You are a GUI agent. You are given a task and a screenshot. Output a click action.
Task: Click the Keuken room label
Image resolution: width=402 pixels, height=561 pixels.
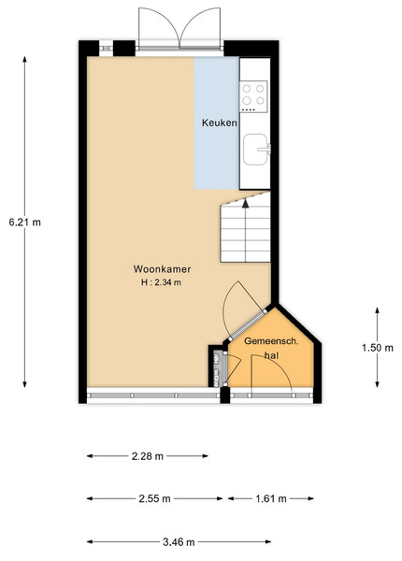(x=220, y=122)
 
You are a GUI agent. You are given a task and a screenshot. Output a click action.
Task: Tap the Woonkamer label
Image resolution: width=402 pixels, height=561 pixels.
(x=162, y=269)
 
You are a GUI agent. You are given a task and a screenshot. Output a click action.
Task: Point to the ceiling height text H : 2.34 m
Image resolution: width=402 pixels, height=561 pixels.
(x=161, y=282)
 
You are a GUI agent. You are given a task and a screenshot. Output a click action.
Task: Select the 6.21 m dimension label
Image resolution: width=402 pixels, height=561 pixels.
(x=24, y=223)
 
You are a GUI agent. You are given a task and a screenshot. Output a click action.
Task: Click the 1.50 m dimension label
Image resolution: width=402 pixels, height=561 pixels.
(x=378, y=348)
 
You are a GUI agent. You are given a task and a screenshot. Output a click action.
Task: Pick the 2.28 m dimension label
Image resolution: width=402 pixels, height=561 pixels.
(x=148, y=456)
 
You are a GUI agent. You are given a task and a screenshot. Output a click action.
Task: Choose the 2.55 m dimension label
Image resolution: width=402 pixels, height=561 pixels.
(x=154, y=498)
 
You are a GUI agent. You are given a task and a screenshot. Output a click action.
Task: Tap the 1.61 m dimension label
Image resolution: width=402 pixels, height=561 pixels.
(x=271, y=498)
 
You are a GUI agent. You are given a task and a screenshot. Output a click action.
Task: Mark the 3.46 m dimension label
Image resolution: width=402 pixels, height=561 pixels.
(x=179, y=542)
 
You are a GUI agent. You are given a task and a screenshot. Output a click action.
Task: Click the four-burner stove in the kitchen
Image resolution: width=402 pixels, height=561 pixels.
(x=253, y=96)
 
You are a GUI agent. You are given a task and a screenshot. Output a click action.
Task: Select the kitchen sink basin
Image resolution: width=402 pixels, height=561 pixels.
(x=255, y=150)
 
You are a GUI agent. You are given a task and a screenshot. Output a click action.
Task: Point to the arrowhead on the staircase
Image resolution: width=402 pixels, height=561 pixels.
(x=245, y=203)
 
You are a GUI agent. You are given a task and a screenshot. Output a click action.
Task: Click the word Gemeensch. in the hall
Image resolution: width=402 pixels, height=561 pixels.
(x=271, y=341)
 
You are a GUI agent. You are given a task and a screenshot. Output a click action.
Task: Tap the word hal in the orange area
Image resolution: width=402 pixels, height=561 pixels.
(x=271, y=355)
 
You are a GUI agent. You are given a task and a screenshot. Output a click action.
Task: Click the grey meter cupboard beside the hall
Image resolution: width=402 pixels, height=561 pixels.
(x=219, y=369)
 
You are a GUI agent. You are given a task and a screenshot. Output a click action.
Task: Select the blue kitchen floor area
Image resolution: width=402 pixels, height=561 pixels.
(x=217, y=122)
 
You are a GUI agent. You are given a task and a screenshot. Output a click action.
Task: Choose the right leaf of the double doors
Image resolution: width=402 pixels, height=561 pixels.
(x=200, y=28)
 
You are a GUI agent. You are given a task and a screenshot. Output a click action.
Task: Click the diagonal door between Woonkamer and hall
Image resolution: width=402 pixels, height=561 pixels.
(x=248, y=325)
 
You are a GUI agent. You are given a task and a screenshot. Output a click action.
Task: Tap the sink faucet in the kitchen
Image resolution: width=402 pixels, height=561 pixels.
(x=266, y=149)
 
